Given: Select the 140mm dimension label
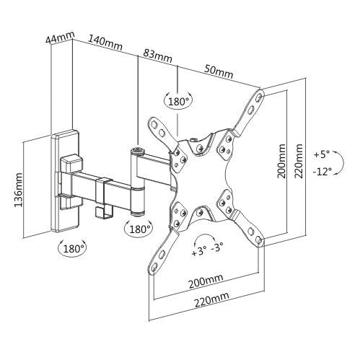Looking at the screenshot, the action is pyautogui.click(x=106, y=43).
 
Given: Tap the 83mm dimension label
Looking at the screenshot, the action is pyautogui.click(x=158, y=56).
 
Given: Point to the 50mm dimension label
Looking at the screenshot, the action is pyautogui.click(x=219, y=72).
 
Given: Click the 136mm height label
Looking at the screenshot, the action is pyautogui.click(x=18, y=190).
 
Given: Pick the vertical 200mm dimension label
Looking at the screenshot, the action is pyautogui.click(x=281, y=161).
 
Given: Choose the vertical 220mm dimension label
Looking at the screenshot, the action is pyautogui.click(x=298, y=161).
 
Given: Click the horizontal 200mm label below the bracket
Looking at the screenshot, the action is pyautogui.click(x=206, y=281).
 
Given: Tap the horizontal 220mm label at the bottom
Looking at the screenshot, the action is pyautogui.click(x=211, y=299).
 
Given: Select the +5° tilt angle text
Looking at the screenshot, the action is pyautogui.click(x=321, y=154).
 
